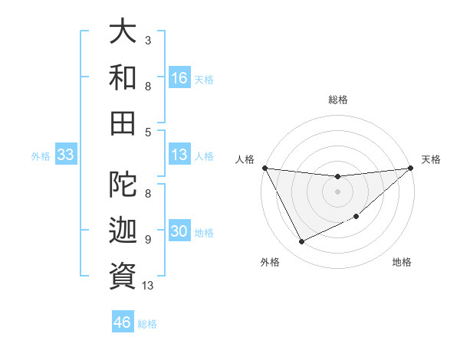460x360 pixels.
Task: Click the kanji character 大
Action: coord(123,32)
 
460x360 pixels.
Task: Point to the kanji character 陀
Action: coord(123,185)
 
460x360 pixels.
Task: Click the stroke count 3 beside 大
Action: coord(147,39)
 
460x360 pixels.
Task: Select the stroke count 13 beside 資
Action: coord(148,286)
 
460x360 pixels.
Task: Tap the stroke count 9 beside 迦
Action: coord(147,240)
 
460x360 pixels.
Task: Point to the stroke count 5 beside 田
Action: coord(147,132)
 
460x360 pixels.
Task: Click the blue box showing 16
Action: coord(179,77)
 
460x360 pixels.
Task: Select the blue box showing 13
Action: coord(179,155)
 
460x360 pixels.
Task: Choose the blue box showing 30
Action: coord(179,232)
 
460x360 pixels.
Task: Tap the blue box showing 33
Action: coord(65,155)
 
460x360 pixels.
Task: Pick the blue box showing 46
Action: coord(123,322)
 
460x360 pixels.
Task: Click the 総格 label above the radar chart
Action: coord(338,100)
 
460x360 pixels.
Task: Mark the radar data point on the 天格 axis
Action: coord(411,168)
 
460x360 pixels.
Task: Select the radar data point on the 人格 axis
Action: coord(264,168)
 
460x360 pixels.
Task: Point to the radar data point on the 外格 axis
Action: coord(301,242)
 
